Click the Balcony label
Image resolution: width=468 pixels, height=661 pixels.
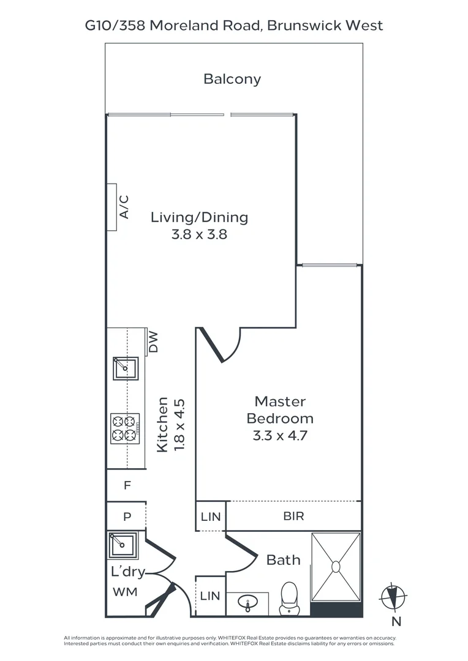coord(232,79)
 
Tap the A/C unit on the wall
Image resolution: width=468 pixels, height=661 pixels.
coord(112,207)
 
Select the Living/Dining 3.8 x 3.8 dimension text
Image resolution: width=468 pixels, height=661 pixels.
coord(199,234)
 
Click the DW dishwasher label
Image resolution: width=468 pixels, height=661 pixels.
coord(153,342)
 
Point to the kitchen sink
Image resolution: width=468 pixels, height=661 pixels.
coord(126,368)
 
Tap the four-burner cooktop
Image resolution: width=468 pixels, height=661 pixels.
coord(125,428)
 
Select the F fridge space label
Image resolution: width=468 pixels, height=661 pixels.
coord(127,485)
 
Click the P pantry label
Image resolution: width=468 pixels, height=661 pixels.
coord(127,517)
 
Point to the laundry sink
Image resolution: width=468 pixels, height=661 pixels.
coord(123,545)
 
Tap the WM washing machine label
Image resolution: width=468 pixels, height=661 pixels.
coord(126,592)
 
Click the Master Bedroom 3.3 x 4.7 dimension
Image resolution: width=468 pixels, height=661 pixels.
coord(280,435)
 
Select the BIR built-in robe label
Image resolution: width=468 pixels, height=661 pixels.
coord(293,516)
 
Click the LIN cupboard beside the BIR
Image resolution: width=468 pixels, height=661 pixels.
coord(211,517)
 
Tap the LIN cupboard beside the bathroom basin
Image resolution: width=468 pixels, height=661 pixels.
coord(210,596)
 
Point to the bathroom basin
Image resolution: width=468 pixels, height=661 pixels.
coord(247,603)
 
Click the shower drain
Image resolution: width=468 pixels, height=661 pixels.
coord(336,567)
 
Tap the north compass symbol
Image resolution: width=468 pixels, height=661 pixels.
coord(393,597)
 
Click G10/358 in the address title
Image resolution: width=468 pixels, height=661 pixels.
coord(115,26)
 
